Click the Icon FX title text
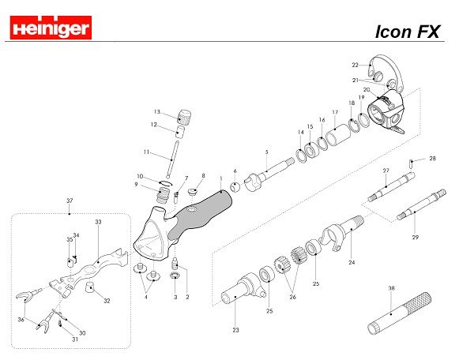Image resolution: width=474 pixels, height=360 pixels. tap(408, 32)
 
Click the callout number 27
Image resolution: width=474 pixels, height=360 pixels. tap(386, 171)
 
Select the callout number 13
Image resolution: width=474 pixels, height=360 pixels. tap(157, 111)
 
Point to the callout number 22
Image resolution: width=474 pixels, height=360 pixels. tap(355, 65)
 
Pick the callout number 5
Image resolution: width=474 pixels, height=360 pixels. tap(267, 152)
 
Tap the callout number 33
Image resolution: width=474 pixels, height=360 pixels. tap(98, 223)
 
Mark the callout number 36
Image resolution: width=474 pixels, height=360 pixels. tap(22, 320)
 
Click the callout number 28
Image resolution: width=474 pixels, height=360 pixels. tap(432, 159)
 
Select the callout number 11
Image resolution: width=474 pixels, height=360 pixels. tap(146, 152)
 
